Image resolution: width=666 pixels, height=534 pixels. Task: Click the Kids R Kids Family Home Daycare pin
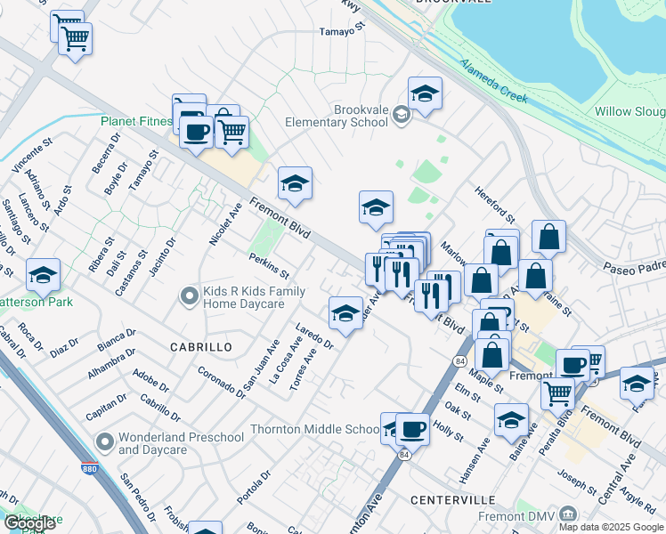[189, 295]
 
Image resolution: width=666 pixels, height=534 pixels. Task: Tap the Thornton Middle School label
[315, 429]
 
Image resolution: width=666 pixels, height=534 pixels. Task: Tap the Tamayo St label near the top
[343, 30]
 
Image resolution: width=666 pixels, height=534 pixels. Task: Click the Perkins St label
[270, 264]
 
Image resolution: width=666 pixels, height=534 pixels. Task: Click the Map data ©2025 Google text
[611, 527]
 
